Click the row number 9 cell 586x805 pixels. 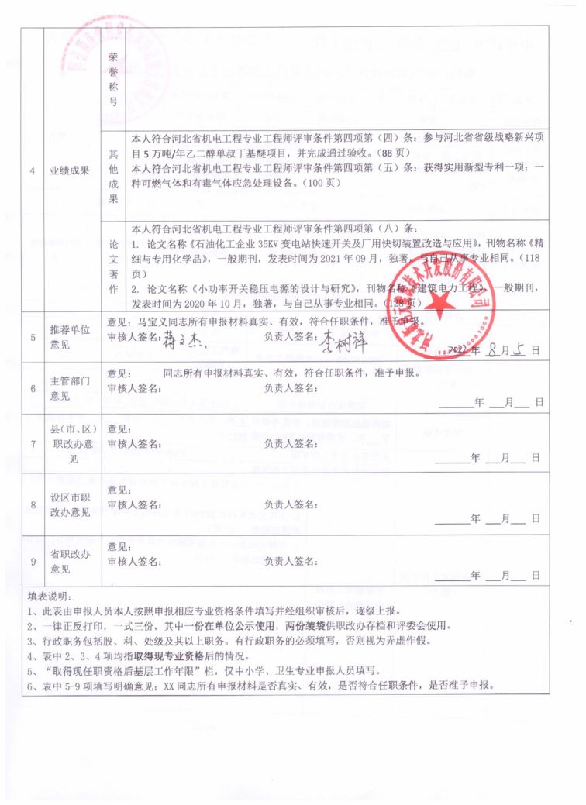pos(33,562)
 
